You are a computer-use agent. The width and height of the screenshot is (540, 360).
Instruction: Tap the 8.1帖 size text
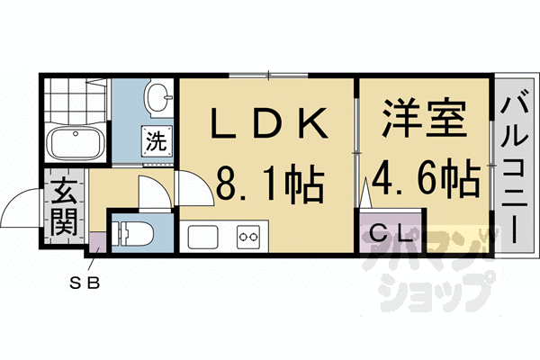pyautogui.click(x=270, y=183)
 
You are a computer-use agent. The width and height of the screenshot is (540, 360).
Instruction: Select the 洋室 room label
pyautogui.click(x=425, y=118)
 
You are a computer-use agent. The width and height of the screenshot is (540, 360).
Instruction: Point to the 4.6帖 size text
pyautogui.click(x=425, y=179)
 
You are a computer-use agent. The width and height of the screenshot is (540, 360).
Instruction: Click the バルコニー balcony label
pyautogui.click(x=513, y=170)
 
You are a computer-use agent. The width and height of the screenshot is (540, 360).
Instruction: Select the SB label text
pyautogui.click(x=85, y=283)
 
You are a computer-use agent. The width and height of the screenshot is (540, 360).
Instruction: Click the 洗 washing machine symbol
pyautogui.click(x=157, y=141)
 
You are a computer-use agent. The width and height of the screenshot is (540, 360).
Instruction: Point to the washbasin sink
pyautogui.click(x=159, y=97)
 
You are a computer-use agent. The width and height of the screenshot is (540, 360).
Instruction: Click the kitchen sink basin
pyautogui.click(x=202, y=237)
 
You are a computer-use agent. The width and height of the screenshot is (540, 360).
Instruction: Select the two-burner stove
pyautogui.click(x=248, y=237)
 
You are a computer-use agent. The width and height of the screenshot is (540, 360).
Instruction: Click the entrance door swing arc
pyautogui.click(x=20, y=208)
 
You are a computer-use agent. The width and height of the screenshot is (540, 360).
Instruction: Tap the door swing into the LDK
pyautogui.click(x=194, y=188)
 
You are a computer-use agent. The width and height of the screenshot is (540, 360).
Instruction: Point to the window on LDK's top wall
pyautogui.click(x=268, y=75)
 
